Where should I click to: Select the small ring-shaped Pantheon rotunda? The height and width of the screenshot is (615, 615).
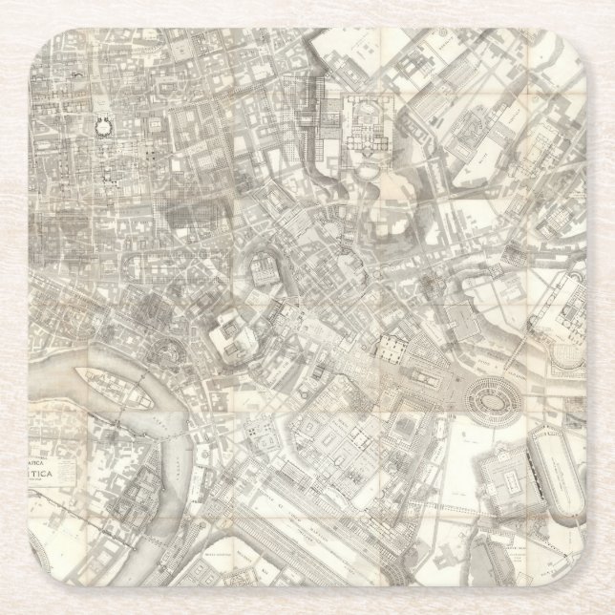(x=100, y=123)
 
